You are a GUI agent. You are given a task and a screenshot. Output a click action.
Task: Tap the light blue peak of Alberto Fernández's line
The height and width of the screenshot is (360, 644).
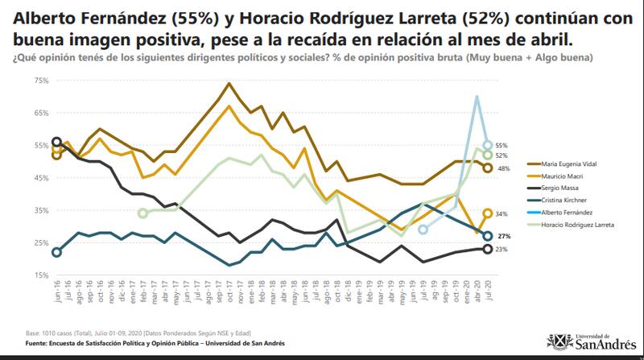tap(477, 97)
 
